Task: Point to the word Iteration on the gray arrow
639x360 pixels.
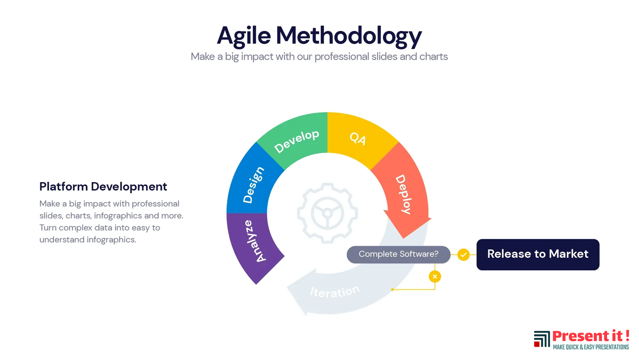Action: coord(335,291)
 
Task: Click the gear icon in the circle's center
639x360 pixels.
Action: coord(328,213)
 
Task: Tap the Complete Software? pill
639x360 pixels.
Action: coord(398,254)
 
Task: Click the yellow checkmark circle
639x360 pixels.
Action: coord(463,254)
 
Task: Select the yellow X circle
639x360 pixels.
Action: coord(435,276)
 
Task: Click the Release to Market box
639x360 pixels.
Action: coord(538,254)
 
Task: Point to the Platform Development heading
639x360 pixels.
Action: coord(103,187)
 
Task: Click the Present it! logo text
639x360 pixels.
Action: coord(591,336)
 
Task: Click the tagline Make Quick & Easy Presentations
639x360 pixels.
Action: coord(591,347)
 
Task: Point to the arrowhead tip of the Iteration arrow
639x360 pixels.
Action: coord(306,315)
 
